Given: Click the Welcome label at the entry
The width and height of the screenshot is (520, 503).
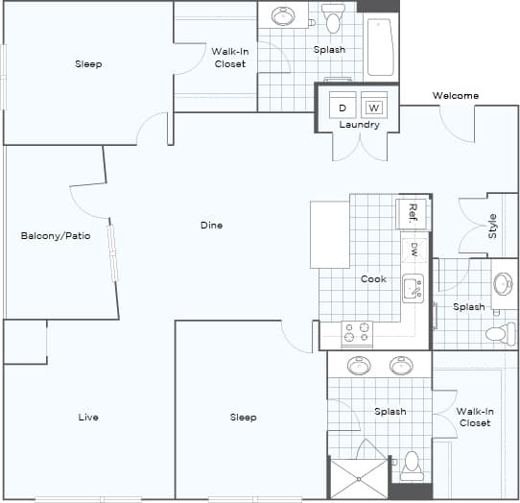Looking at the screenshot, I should [455, 95].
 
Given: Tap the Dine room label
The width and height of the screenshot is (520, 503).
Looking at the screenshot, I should [211, 226].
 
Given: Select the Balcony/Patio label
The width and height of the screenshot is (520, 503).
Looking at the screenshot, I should [56, 235].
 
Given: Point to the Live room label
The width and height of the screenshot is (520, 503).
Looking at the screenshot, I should [88, 418].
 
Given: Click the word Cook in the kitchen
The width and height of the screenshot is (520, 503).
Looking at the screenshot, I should [373, 279].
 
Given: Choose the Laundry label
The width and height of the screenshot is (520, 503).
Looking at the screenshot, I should [360, 125].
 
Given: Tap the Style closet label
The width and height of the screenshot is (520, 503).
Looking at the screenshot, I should [493, 226].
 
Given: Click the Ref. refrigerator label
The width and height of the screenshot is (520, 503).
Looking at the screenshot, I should [414, 210].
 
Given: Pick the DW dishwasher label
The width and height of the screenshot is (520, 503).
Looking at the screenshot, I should [414, 251].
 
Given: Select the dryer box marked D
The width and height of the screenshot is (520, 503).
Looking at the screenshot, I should [342, 107].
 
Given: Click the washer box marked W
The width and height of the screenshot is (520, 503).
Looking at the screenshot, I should [374, 107].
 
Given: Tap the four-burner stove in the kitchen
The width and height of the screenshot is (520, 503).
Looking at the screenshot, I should [357, 332].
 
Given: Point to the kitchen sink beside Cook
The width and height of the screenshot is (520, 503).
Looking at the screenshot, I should [414, 287].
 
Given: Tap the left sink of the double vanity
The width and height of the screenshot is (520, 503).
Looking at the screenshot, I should [359, 366].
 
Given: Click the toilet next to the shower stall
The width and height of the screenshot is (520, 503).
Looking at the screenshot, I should [412, 465].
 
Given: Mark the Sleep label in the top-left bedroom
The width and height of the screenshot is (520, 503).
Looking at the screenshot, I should [88, 64].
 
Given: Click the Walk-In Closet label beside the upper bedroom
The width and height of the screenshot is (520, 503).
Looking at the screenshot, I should [228, 58].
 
